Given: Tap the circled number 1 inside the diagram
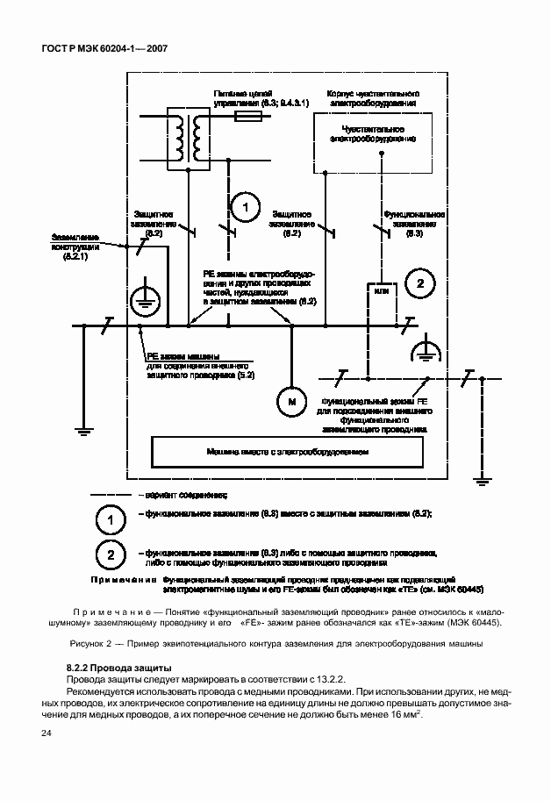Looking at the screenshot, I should (246, 207).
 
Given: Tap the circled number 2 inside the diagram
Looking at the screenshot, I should (420, 282).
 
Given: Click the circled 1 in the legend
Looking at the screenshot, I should (111, 520).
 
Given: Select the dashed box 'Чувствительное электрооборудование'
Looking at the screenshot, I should (372, 136).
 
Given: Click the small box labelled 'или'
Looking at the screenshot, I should (380, 290).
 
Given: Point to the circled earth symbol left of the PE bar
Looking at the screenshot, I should (143, 301).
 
